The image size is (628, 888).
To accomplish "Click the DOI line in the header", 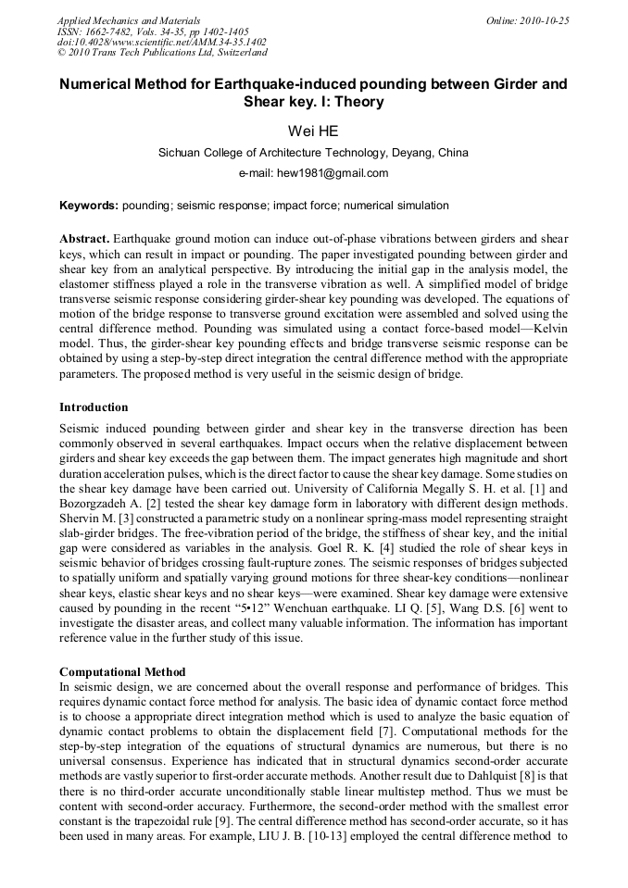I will (x=161, y=42).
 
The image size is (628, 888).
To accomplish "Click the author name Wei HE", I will (x=313, y=131).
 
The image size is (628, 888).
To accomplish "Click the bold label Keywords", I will (x=87, y=206).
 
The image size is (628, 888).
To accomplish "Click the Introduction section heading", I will (x=94, y=407).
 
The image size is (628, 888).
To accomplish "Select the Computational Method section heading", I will (x=122, y=671).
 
